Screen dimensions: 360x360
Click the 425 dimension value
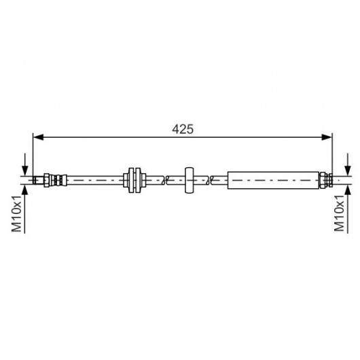coord(183,129)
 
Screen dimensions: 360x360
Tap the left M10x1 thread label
coord(16,214)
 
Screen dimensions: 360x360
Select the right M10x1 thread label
coord(340,213)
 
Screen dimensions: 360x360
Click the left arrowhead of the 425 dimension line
coord(38,137)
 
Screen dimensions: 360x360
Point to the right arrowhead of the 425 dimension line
coord(327,137)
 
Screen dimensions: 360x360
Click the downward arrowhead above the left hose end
coord(25,170)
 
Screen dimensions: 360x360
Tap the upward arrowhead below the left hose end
coord(25,190)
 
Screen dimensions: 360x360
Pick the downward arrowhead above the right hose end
coord(348,170)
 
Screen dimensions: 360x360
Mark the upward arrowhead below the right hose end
coord(348,190)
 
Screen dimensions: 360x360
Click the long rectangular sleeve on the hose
coord(274,180)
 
